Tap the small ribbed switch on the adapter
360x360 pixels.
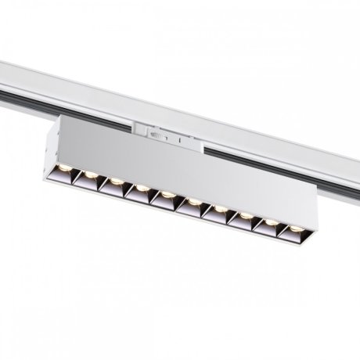pyautogui.click(x=159, y=135)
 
